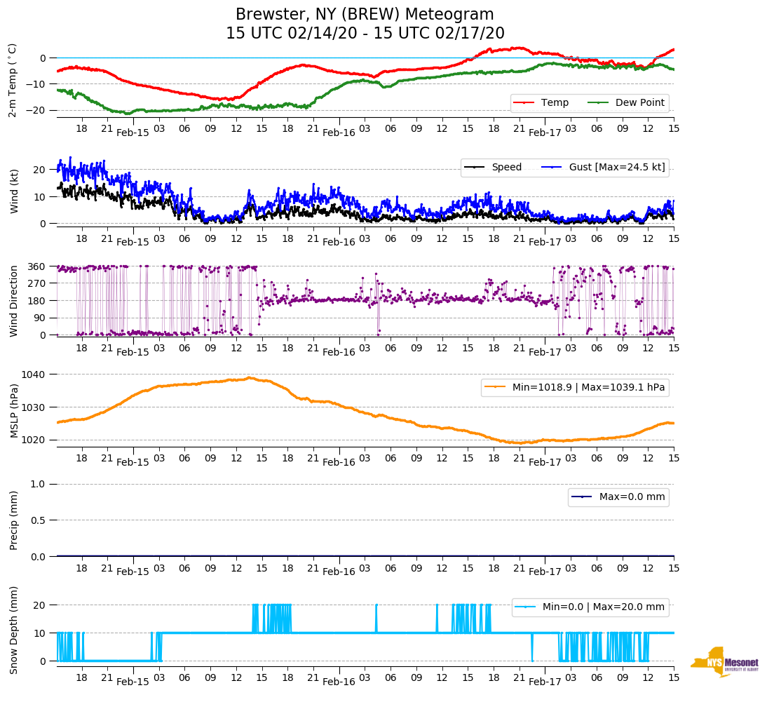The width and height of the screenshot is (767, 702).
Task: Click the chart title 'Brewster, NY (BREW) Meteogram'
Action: [x=365, y=15]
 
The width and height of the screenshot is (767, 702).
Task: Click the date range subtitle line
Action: [x=365, y=34]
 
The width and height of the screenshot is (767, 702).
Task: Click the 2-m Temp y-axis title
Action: [x=12, y=79]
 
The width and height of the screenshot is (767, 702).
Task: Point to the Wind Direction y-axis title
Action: [x=13, y=300]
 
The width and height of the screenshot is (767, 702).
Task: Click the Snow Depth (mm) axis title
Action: [x=13, y=630]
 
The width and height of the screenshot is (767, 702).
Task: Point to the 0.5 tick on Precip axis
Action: [x=39, y=520]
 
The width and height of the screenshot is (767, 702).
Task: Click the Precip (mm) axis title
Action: [x=13, y=520]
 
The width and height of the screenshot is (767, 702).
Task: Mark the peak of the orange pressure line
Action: [x=249, y=378]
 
